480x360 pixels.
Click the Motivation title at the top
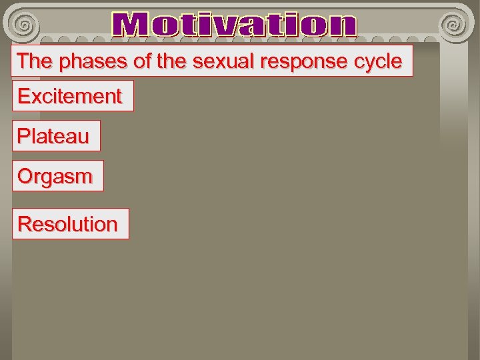(x=235, y=25)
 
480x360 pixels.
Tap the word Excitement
(x=70, y=97)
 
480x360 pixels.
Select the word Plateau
(x=53, y=137)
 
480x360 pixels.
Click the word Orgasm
(x=55, y=177)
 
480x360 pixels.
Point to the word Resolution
(x=67, y=224)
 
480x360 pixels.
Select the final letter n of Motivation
(x=343, y=27)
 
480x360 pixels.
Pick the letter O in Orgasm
(x=25, y=177)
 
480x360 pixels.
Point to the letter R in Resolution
(x=25, y=224)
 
